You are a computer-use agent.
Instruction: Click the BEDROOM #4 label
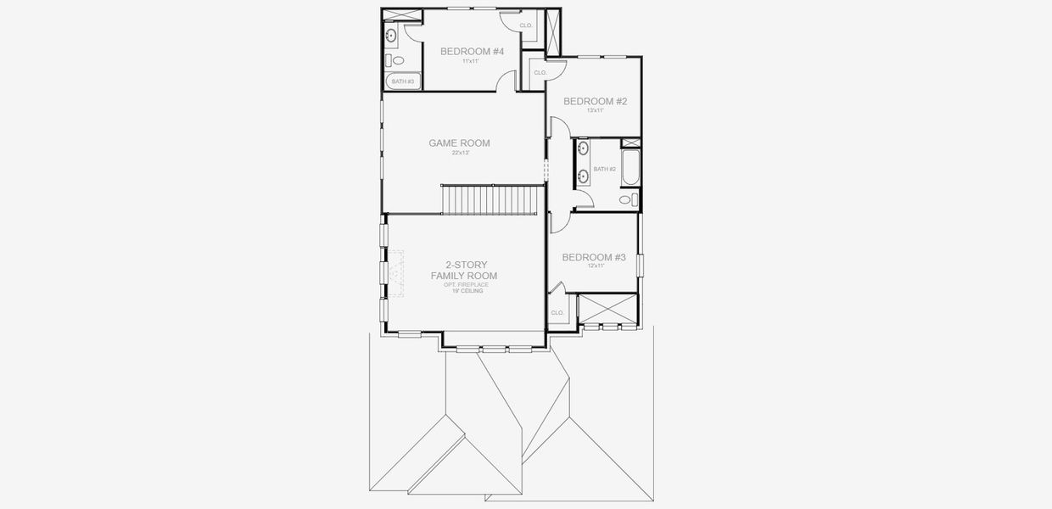[472, 52]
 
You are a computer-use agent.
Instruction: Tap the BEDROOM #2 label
[595, 102]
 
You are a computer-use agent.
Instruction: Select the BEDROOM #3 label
[594, 257]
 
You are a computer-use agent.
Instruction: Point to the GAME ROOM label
[459, 143]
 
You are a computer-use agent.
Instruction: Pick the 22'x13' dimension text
[459, 154]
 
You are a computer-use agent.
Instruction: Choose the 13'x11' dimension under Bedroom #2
[595, 110]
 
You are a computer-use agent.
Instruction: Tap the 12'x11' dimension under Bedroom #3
[594, 266]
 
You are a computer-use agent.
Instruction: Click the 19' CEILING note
[467, 291]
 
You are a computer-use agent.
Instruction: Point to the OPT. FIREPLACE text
[466, 284]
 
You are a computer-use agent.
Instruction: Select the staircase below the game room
[491, 199]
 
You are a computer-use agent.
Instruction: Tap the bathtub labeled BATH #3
[400, 81]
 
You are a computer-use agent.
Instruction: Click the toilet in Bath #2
[625, 200]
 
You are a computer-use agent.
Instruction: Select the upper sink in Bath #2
[583, 148]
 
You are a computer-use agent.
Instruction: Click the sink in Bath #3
[391, 36]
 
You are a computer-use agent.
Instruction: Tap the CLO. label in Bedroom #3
[557, 313]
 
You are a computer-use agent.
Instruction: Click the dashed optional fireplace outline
[396, 272]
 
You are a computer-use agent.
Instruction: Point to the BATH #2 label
[604, 170]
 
